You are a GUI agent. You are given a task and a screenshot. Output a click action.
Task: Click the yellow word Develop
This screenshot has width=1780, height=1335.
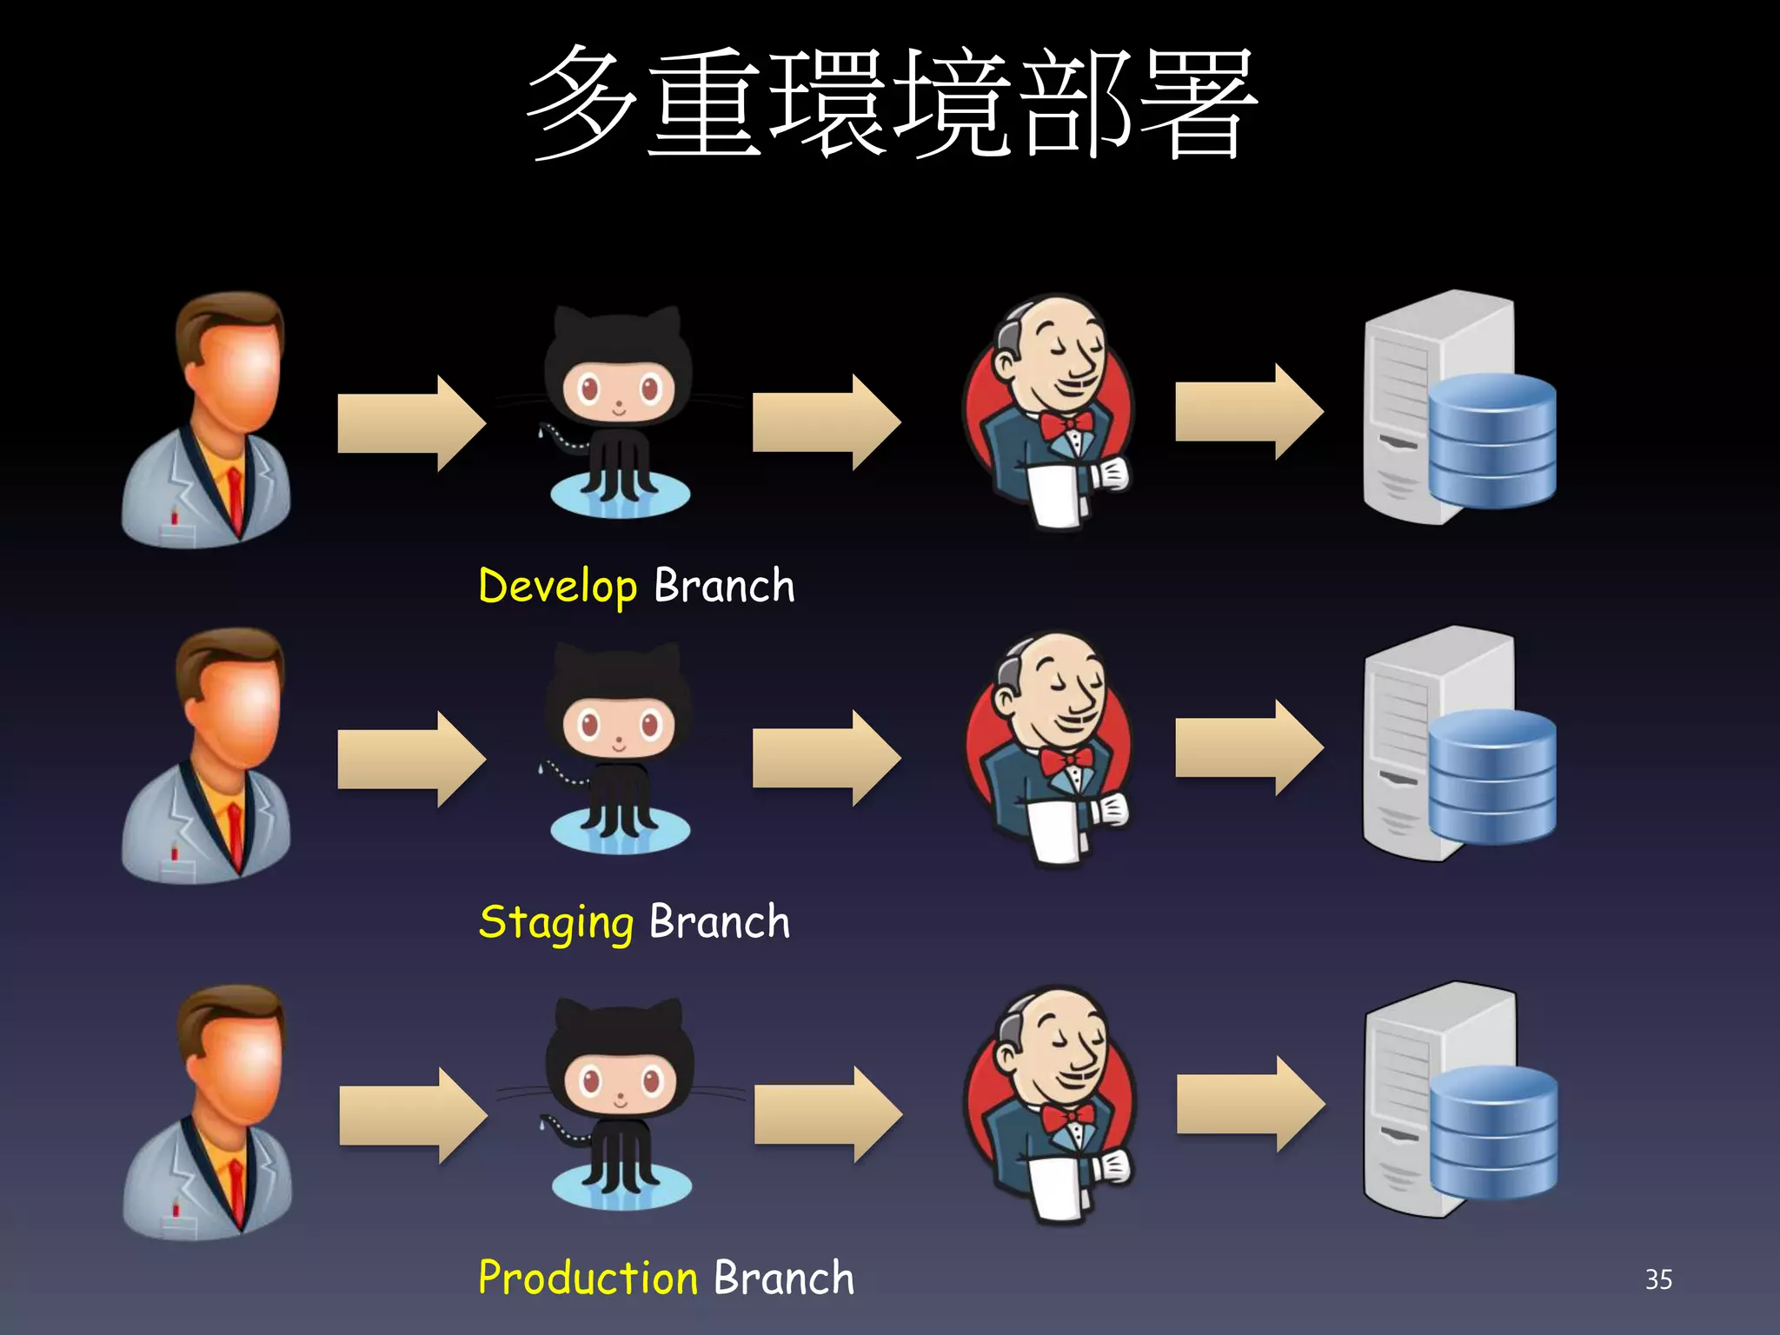click(x=557, y=587)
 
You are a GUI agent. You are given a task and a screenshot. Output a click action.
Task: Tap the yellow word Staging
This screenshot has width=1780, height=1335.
click(x=555, y=923)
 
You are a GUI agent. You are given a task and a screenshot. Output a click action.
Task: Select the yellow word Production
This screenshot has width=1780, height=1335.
click(x=588, y=1279)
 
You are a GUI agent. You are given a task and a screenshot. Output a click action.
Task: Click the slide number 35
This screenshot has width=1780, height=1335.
click(x=1658, y=1279)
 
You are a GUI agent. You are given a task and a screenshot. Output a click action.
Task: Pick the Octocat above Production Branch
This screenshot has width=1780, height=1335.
click(x=621, y=1104)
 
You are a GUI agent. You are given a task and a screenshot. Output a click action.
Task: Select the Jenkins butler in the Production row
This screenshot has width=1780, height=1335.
click(x=1050, y=1104)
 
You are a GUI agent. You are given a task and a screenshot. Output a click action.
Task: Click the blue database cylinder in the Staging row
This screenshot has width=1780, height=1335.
click(x=1492, y=776)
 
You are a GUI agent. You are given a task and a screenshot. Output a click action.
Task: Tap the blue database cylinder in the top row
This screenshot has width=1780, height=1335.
click(x=1492, y=441)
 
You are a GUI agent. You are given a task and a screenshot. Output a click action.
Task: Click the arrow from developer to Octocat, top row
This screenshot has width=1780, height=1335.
click(x=411, y=423)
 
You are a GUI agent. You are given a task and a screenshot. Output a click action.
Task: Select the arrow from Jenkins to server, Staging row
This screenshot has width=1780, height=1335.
click(x=1249, y=748)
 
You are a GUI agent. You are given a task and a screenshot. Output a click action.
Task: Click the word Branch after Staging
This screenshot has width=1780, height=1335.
click(x=720, y=922)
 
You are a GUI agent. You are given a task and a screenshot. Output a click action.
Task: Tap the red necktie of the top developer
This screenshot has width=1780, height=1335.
click(x=235, y=500)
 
